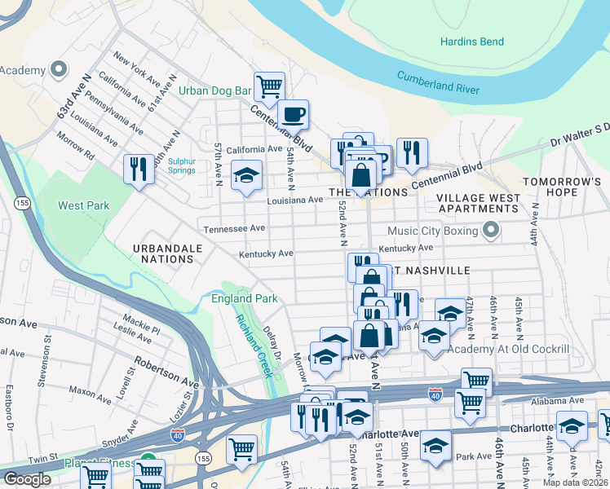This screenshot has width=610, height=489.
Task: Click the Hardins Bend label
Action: pos(471,42)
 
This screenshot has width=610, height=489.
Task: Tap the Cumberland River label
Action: pos(438,83)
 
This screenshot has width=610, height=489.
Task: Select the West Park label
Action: pos(83,205)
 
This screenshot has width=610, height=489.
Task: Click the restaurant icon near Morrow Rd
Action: pos(137,169)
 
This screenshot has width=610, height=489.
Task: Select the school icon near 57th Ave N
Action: pos(245,175)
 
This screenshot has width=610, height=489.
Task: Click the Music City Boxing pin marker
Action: pos(490,231)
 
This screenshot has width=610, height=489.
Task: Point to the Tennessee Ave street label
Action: pos(235,229)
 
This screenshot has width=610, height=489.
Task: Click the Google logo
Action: pos(26,478)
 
